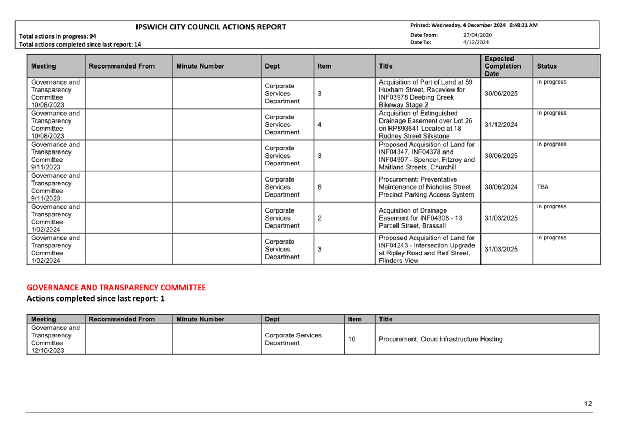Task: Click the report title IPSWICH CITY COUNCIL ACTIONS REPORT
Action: (x=211, y=27)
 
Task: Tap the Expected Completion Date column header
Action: (x=502, y=66)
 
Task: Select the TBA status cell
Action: (x=543, y=187)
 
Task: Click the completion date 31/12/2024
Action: (x=501, y=125)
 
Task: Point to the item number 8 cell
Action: (x=319, y=187)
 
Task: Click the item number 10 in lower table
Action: (x=352, y=339)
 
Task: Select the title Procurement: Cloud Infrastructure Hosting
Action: (x=440, y=339)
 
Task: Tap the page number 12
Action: (x=588, y=404)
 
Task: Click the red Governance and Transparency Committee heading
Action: (x=116, y=288)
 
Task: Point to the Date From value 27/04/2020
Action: (x=477, y=35)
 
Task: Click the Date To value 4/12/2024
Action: (x=476, y=42)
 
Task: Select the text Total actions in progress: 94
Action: (x=58, y=36)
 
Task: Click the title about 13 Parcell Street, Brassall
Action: (x=420, y=218)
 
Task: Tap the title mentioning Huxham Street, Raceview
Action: (x=425, y=94)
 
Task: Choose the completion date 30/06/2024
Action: (x=501, y=187)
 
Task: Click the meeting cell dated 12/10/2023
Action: (x=55, y=339)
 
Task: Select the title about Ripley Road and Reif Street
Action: (x=426, y=250)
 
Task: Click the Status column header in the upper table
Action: (x=547, y=66)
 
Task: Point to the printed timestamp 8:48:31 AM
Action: (x=523, y=25)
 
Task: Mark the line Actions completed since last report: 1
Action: (x=96, y=299)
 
